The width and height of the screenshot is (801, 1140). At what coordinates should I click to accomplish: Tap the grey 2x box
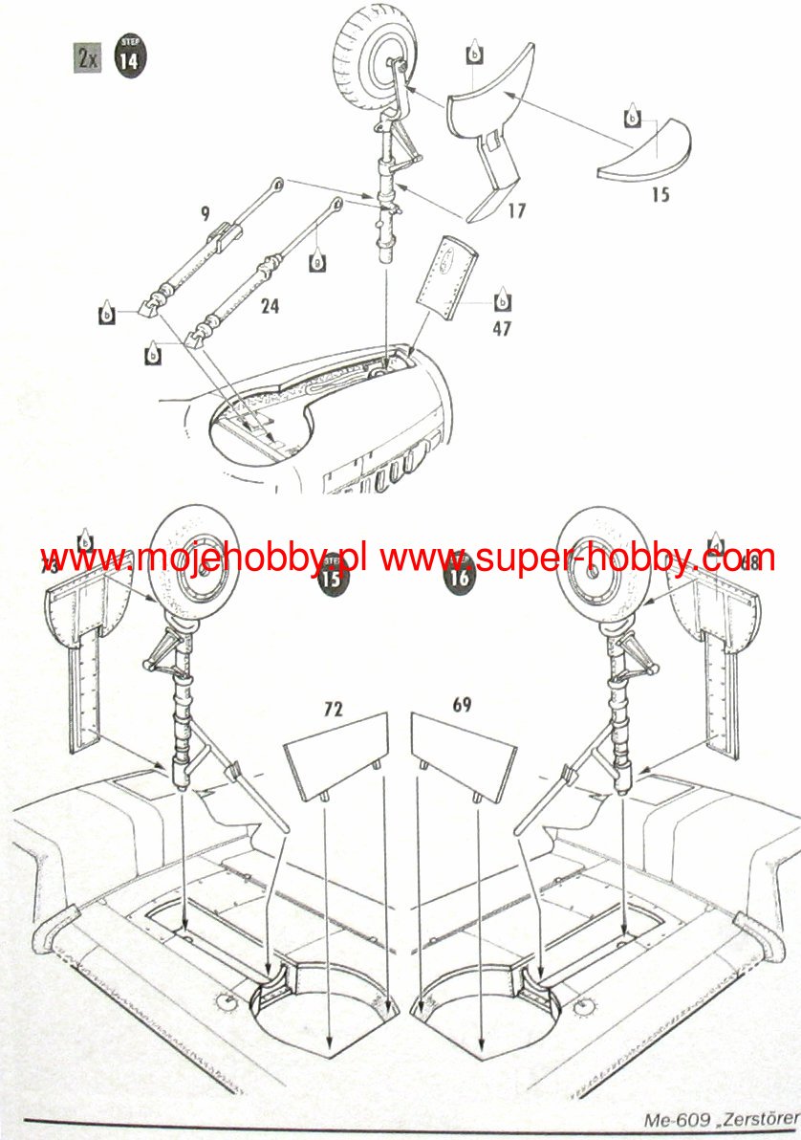coord(87,57)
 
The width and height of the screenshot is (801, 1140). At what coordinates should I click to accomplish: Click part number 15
coord(659,195)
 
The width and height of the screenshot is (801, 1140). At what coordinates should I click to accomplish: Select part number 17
coord(517,210)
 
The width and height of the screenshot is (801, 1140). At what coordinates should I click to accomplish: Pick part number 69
coord(462,706)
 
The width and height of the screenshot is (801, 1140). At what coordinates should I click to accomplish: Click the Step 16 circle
coord(459,577)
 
